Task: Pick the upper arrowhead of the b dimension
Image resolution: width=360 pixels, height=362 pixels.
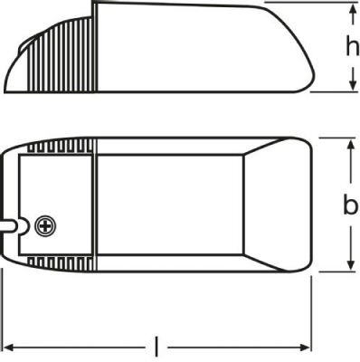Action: click(x=349, y=145)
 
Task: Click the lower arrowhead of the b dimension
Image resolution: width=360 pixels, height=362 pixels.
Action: click(x=349, y=264)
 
